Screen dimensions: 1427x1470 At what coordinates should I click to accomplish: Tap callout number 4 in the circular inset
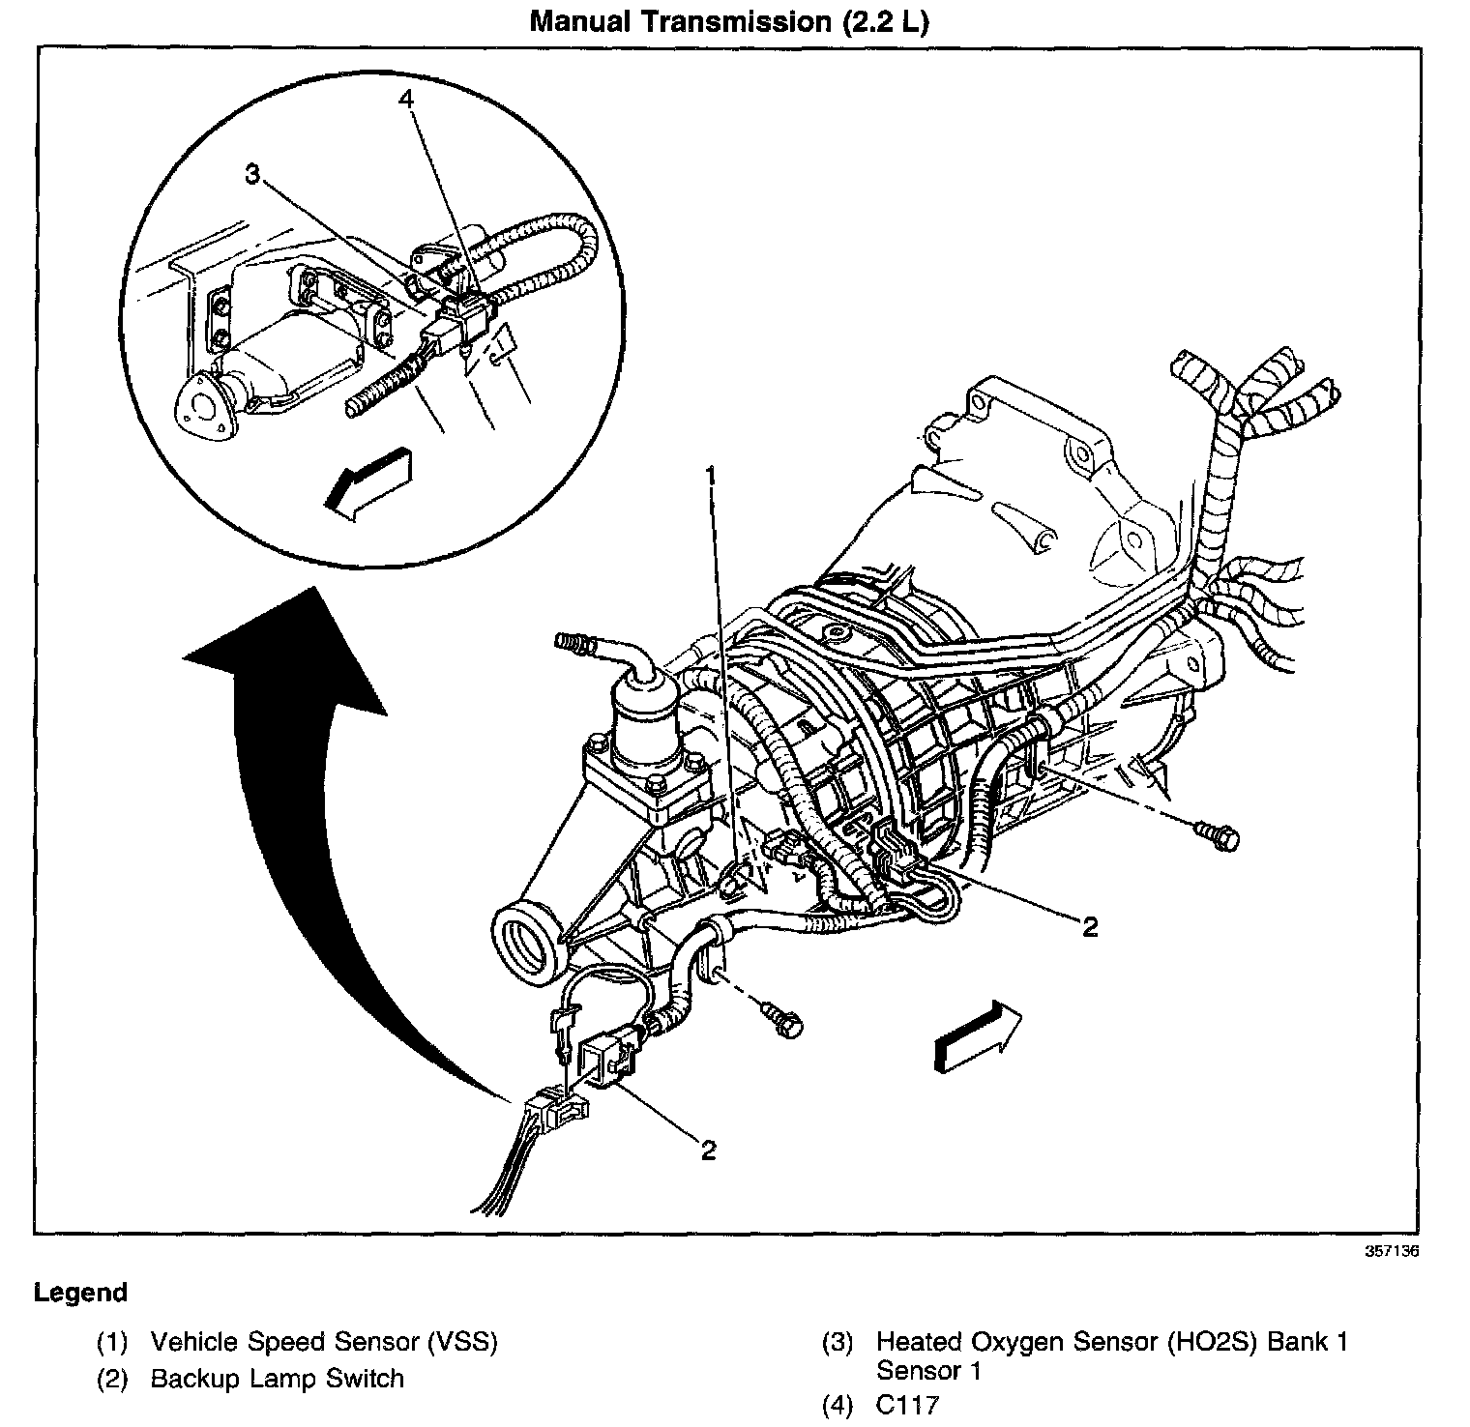click(x=407, y=99)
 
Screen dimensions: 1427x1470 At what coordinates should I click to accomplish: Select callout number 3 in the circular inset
click(x=251, y=174)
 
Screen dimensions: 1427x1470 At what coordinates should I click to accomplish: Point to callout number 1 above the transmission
click(x=711, y=476)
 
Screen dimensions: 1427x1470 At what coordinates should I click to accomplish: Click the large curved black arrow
click(x=290, y=822)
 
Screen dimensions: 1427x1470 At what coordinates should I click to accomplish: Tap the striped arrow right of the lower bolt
click(x=977, y=1034)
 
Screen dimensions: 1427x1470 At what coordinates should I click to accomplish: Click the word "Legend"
click(x=80, y=1293)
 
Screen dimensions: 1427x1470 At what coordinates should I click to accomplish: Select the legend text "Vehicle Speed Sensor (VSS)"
click(x=323, y=1342)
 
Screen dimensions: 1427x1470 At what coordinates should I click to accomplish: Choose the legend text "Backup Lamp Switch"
click(x=277, y=1379)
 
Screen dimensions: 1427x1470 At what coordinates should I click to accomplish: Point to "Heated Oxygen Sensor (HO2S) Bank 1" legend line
click(x=1111, y=1342)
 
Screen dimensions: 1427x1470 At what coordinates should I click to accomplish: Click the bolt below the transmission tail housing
click(x=785, y=1020)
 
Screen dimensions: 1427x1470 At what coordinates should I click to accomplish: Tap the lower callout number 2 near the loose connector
click(x=709, y=1150)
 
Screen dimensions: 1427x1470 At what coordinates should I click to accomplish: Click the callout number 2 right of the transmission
click(x=1090, y=927)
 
